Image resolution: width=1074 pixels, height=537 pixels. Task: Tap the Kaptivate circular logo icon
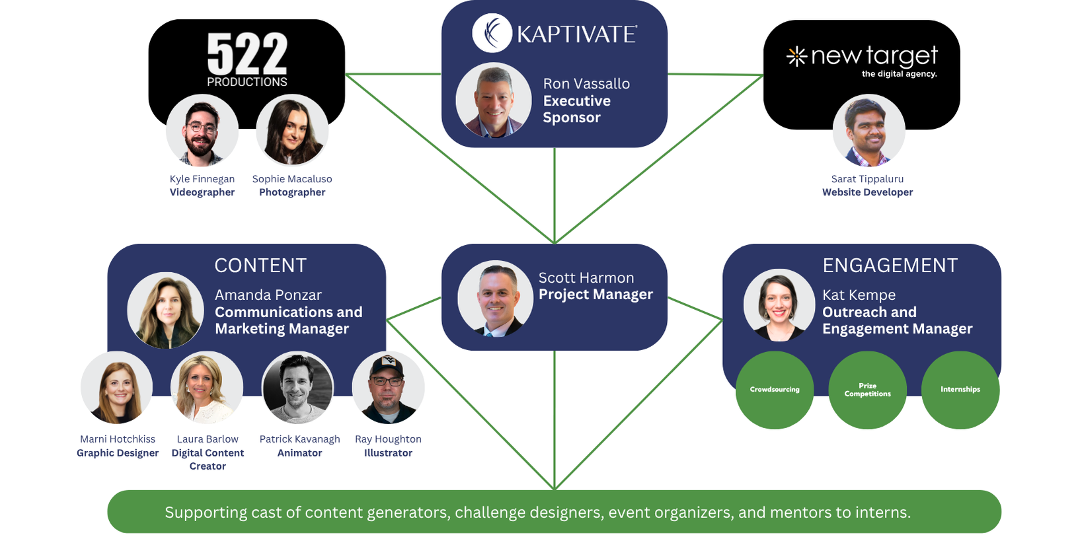click(492, 33)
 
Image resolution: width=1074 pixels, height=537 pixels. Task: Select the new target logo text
click(874, 57)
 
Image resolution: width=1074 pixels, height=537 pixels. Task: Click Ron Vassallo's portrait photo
click(493, 100)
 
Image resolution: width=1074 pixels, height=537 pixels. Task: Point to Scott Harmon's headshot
click(495, 299)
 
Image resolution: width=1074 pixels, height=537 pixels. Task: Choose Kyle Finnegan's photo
click(202, 130)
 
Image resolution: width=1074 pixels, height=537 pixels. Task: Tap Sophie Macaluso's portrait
click(291, 130)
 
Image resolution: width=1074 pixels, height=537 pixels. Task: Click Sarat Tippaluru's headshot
click(868, 130)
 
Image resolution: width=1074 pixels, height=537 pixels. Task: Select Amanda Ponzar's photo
click(166, 310)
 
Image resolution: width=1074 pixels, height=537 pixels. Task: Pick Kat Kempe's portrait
click(779, 305)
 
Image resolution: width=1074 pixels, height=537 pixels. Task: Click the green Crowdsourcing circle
click(775, 390)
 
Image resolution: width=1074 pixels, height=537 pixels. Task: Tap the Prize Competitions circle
click(867, 390)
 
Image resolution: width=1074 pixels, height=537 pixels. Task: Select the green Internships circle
click(960, 390)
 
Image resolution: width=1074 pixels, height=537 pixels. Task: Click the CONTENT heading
click(260, 266)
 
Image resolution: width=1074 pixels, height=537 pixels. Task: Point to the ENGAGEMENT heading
click(890, 266)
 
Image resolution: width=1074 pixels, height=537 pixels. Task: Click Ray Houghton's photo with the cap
click(388, 388)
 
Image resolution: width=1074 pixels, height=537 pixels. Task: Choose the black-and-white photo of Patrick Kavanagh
click(297, 388)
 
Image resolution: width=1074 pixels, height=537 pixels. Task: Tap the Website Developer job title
click(867, 192)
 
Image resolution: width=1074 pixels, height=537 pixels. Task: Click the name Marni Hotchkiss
click(118, 439)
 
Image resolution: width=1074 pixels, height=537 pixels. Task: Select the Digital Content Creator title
click(208, 459)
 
